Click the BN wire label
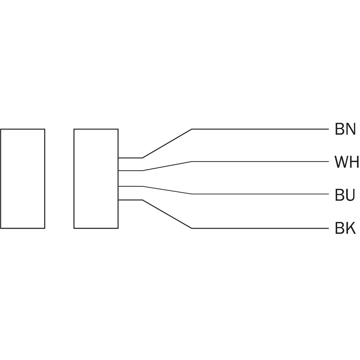point(345,129)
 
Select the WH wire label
point(346,162)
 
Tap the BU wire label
point(345,195)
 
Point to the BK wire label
point(345,228)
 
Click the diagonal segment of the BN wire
point(167,144)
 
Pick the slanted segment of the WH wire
point(167,166)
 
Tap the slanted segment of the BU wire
point(167,190)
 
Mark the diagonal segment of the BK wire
point(167,214)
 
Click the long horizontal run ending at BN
point(260,129)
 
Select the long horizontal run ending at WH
point(260,162)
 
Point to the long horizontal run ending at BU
point(260,194)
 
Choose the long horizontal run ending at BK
point(260,228)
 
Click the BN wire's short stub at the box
point(130,158)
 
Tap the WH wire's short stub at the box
point(130,171)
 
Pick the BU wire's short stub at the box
point(130,186)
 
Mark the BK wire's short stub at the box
point(130,200)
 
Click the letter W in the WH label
point(341,162)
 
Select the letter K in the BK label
point(351,228)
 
